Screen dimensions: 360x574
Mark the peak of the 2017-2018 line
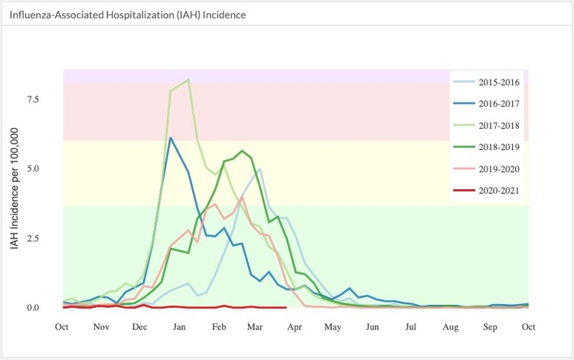click(x=188, y=79)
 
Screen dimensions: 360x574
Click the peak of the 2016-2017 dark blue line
click(x=171, y=138)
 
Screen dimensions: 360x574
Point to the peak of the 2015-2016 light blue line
click(x=260, y=169)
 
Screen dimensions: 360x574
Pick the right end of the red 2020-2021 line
click(x=285, y=307)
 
